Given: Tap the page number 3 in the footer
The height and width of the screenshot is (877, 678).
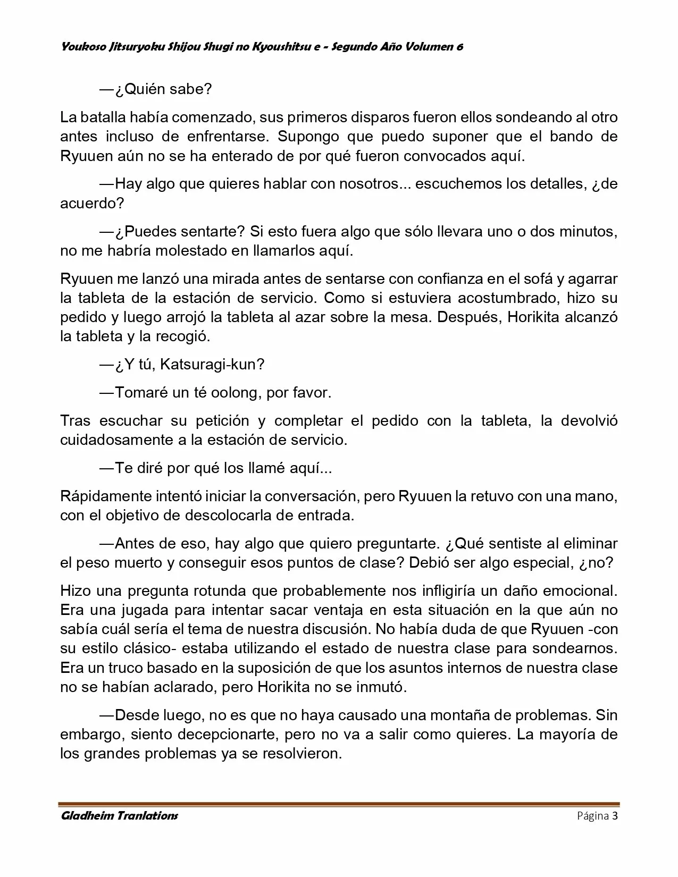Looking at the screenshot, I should pyautogui.click(x=615, y=816).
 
